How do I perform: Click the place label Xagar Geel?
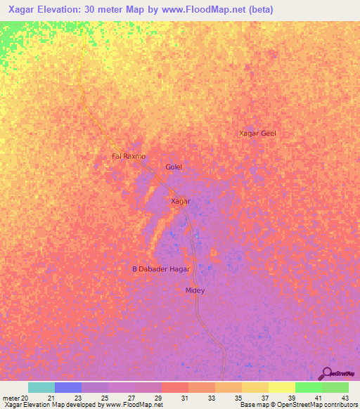pyautogui.click(x=257, y=134)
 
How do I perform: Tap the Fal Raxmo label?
pyautogui.click(x=129, y=156)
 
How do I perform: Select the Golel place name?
pyautogui.click(x=174, y=167)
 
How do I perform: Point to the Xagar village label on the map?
pyautogui.click(x=181, y=202)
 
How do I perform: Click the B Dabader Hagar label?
pyautogui.click(x=161, y=269)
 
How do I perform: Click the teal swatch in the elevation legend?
pyautogui.click(x=41, y=387)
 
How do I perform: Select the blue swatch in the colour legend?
pyautogui.click(x=68, y=387)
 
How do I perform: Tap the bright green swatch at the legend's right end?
pyautogui.click(x=335, y=387)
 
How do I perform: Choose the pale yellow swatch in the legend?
pyautogui.click(x=282, y=387)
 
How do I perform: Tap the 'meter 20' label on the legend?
pyautogui.click(x=15, y=398)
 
